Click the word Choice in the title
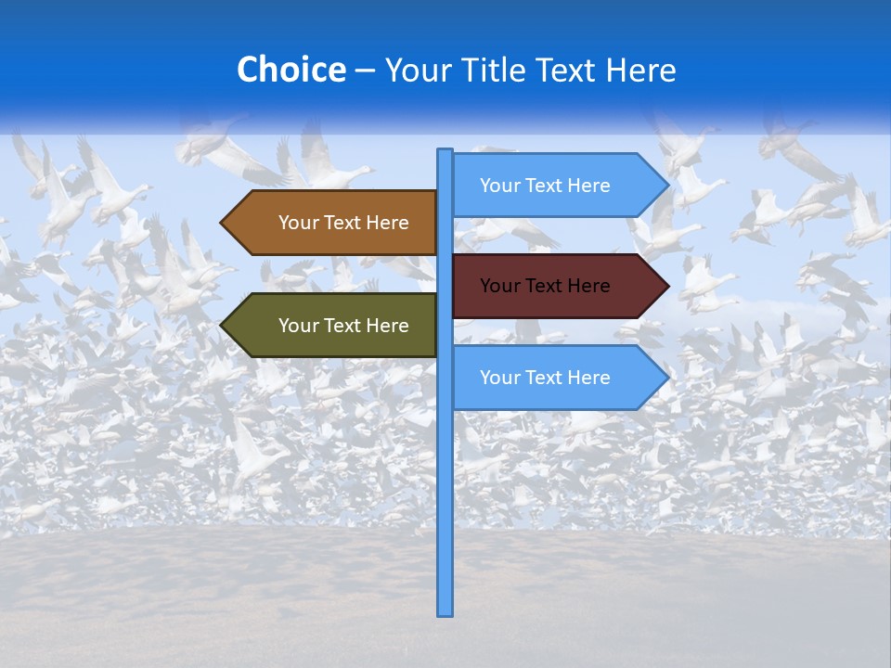tap(291, 70)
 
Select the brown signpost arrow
tap(334, 223)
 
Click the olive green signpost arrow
tap(334, 326)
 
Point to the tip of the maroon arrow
tap(667, 286)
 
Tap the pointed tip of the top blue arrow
tap(667, 186)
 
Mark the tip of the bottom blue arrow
tap(667, 378)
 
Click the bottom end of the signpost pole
tap(445, 613)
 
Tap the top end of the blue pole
tap(445, 150)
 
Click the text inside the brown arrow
tap(343, 223)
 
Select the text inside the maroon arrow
tap(545, 286)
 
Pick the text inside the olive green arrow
tap(343, 326)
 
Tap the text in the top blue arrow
tap(545, 186)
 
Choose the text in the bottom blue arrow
tap(545, 378)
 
